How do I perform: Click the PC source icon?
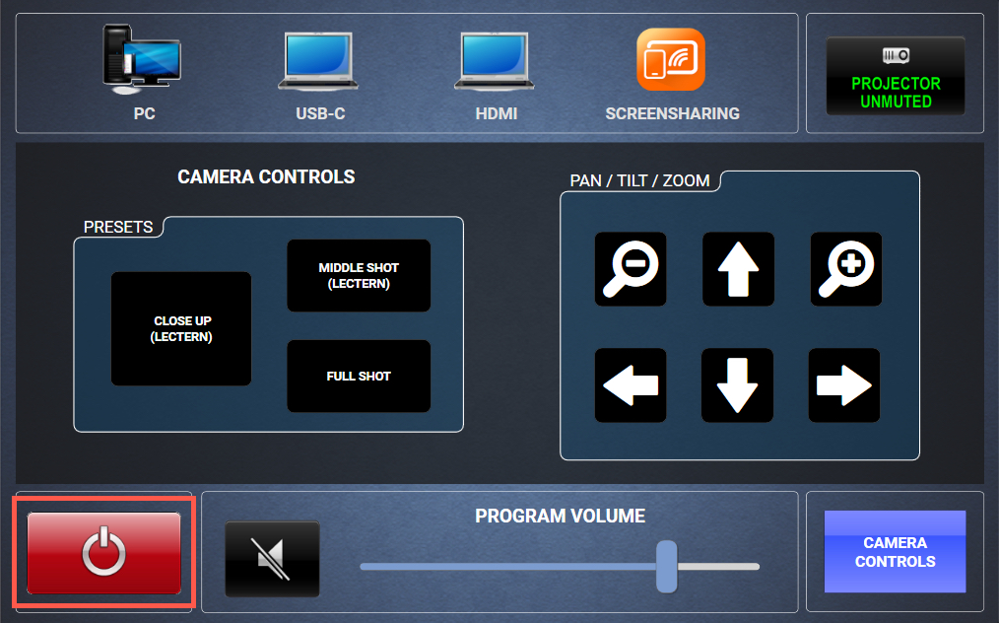(142, 59)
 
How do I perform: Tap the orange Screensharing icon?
(671, 59)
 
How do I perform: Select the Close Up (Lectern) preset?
(181, 329)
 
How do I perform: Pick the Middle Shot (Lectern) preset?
(359, 276)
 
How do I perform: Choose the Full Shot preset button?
(359, 377)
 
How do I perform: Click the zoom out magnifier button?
(631, 269)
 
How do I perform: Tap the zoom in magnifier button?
(846, 269)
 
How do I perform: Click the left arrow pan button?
(631, 385)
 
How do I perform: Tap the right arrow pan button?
(844, 385)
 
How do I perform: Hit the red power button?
(103, 553)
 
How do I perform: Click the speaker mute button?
(272, 559)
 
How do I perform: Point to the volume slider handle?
(667, 566)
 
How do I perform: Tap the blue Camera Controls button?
(895, 552)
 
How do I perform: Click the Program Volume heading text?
(560, 516)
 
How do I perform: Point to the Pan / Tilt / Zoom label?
(639, 181)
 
